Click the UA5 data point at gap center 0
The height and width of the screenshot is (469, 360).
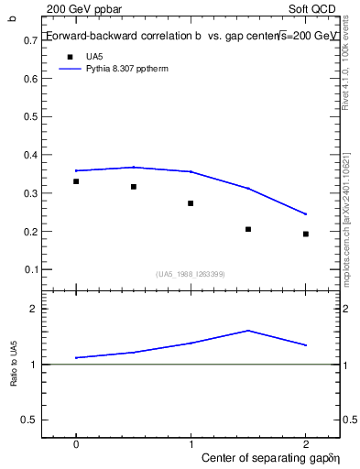(76, 181)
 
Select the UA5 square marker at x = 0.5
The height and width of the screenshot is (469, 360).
(134, 187)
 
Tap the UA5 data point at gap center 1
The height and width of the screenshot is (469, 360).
(191, 203)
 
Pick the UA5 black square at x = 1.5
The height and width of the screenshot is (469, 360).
(248, 229)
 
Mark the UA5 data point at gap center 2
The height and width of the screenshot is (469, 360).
(306, 234)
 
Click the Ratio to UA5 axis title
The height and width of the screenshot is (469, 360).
(15, 364)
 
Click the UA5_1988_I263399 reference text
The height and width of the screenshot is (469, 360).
(191, 274)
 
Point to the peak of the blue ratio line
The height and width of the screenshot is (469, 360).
(248, 330)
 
